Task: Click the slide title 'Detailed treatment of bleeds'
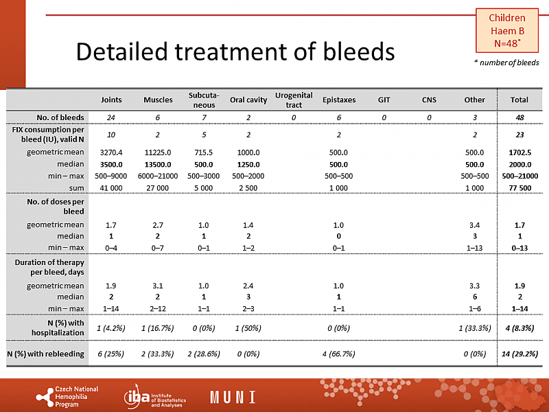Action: click(x=235, y=51)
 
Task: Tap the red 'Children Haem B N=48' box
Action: click(x=506, y=30)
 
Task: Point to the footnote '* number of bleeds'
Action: click(x=506, y=62)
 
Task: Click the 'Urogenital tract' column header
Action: click(x=293, y=100)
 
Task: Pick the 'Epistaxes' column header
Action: click(x=339, y=100)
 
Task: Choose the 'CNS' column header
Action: click(x=429, y=100)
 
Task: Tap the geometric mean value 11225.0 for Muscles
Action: click(x=158, y=152)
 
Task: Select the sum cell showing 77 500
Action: click(x=515, y=187)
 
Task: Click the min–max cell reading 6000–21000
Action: click(x=158, y=176)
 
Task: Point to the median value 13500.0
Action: click(x=158, y=164)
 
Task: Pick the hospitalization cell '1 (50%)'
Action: click(x=247, y=328)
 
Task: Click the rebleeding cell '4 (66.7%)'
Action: click(x=339, y=354)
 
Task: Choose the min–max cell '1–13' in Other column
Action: click(x=474, y=248)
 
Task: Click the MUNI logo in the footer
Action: click(x=233, y=397)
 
